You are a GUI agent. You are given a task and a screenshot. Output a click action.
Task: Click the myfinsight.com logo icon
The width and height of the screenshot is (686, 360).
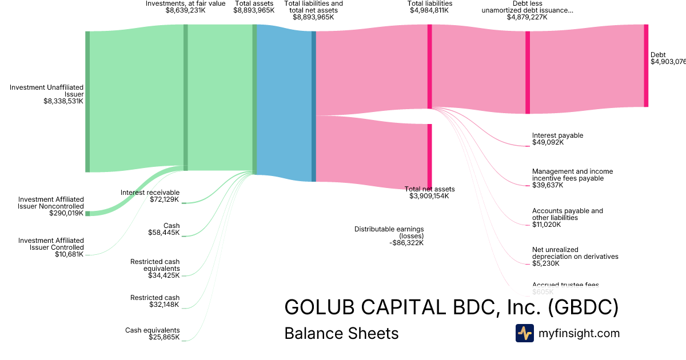pyautogui.click(x=524, y=333)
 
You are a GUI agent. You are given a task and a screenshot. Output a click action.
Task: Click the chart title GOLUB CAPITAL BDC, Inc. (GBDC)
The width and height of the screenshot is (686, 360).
pyautogui.click(x=451, y=307)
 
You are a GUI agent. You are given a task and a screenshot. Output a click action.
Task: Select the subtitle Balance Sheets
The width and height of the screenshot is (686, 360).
pyautogui.click(x=341, y=333)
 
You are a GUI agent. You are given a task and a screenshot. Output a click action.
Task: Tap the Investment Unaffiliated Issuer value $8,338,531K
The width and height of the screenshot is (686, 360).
pyautogui.click(x=63, y=101)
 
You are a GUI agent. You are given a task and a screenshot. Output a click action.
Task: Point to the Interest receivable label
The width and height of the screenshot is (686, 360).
pyautogui.click(x=150, y=193)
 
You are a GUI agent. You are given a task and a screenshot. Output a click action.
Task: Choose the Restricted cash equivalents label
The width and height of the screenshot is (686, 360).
pyautogui.click(x=155, y=265)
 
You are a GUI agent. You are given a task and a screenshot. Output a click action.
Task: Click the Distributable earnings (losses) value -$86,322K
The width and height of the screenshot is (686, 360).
pyautogui.click(x=406, y=243)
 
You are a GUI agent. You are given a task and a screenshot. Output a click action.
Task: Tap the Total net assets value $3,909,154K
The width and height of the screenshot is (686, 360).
pyautogui.click(x=429, y=196)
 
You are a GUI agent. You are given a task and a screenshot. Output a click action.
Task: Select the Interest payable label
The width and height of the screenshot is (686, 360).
pyautogui.click(x=557, y=135)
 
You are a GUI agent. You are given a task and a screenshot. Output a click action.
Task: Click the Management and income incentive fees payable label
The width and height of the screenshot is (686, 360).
pyautogui.click(x=572, y=175)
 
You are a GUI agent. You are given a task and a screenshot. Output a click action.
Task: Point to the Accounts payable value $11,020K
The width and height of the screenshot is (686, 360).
pyautogui.click(x=547, y=225)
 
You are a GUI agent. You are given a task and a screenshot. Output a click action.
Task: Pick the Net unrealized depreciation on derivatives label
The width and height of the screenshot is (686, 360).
pyautogui.click(x=575, y=253)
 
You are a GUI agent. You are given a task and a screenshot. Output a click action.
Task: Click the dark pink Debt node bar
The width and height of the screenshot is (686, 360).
pyautogui.click(x=646, y=66)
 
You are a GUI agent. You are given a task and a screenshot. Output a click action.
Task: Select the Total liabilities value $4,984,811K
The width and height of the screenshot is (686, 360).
pyautogui.click(x=429, y=10)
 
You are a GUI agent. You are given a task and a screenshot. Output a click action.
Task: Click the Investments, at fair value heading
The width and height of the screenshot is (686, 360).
pyautogui.click(x=185, y=3)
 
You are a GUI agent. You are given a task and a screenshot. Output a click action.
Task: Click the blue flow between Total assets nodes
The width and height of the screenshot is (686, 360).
pyautogui.click(x=284, y=103)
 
